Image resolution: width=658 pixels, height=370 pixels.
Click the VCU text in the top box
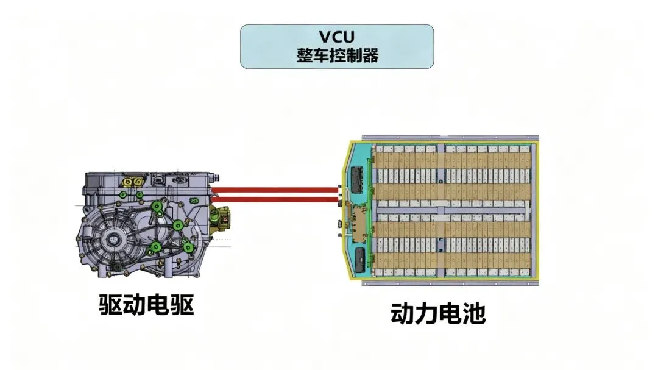point(336,37)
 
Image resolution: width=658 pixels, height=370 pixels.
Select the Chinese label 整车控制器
point(336,55)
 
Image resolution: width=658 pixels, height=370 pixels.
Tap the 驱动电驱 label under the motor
point(146,305)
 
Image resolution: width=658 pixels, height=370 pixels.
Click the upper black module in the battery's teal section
point(357,177)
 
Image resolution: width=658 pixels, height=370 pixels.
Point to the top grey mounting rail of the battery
point(451,138)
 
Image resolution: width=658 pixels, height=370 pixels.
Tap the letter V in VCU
point(321,37)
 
